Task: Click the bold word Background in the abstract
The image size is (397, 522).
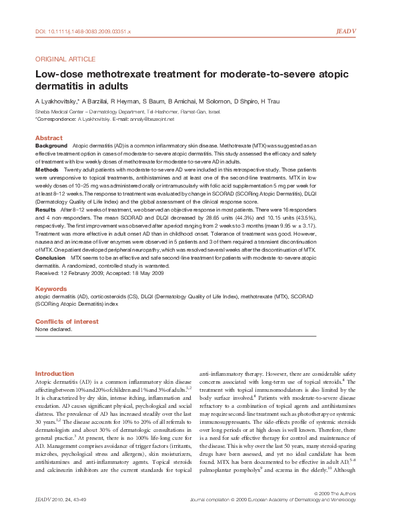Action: coord(51,146)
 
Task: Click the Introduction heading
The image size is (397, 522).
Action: coord(55,373)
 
